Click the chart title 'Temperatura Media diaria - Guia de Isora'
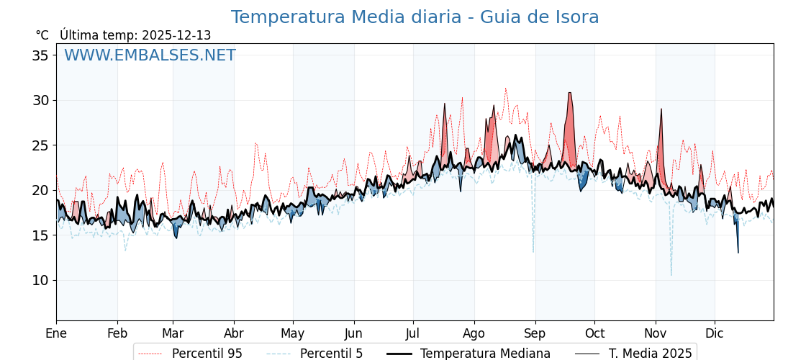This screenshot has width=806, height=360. (x=415, y=17)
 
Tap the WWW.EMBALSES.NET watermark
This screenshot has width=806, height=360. (x=150, y=55)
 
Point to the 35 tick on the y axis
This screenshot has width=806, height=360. (x=41, y=55)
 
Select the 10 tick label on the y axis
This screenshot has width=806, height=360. (x=41, y=280)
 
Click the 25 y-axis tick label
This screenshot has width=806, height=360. (x=41, y=145)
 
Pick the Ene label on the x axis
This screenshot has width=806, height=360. (x=56, y=333)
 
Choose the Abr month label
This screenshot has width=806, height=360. (x=234, y=333)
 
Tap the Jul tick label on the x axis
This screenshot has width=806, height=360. (x=413, y=333)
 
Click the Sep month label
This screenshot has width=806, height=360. (x=535, y=333)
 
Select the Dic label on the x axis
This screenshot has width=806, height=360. (x=715, y=333)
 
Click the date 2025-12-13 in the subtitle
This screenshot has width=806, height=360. (x=176, y=35)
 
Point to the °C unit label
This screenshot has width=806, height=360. (x=42, y=35)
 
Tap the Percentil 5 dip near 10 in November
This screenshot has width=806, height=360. (x=671, y=272)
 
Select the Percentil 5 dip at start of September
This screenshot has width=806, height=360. (x=533, y=249)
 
